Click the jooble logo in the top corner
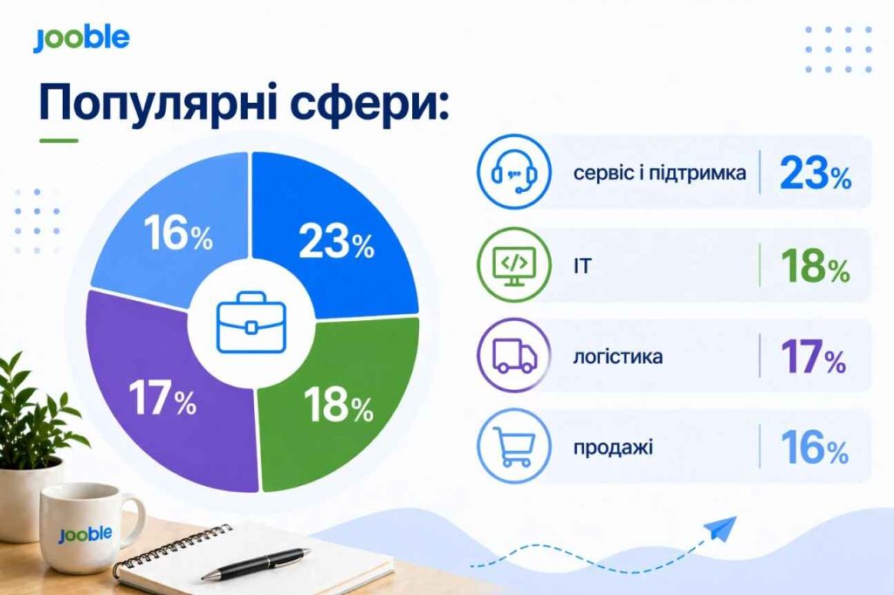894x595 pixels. pos(81,38)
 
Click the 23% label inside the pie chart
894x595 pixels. pos(336,243)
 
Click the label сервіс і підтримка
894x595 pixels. pos(659,173)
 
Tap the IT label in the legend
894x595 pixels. pos(582,266)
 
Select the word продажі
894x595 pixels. pos(613,448)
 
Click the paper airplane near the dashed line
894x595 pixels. pos(719,529)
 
